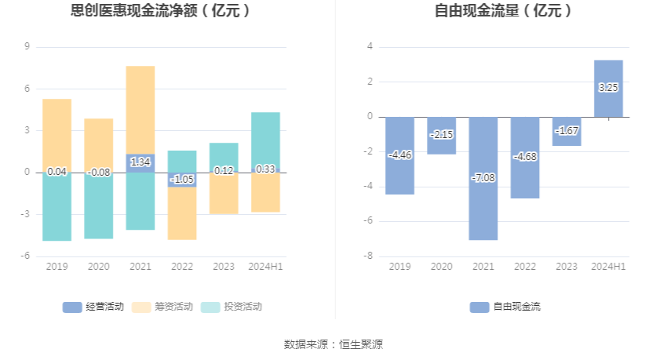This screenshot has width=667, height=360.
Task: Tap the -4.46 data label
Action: [399, 155]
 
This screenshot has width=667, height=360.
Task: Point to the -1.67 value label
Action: [567, 130]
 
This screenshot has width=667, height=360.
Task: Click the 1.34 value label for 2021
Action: [140, 162]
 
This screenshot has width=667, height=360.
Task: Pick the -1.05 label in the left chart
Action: [182, 179]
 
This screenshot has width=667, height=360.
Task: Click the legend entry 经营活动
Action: [93, 307]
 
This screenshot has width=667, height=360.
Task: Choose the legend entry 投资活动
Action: [231, 307]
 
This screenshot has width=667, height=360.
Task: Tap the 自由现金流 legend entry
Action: [505, 307]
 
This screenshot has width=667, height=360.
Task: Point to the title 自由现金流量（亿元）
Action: [503, 12]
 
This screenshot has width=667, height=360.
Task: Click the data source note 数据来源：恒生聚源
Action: [333, 344]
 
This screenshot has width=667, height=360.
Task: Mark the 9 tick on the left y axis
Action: [27, 47]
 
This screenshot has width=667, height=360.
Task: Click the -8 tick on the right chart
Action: [369, 256]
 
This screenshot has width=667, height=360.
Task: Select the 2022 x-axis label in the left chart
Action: [182, 267]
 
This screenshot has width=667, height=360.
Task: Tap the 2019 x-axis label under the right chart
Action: [399, 267]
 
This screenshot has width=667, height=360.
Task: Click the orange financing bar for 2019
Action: [56, 133]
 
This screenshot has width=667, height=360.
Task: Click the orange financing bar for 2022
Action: [182, 213]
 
